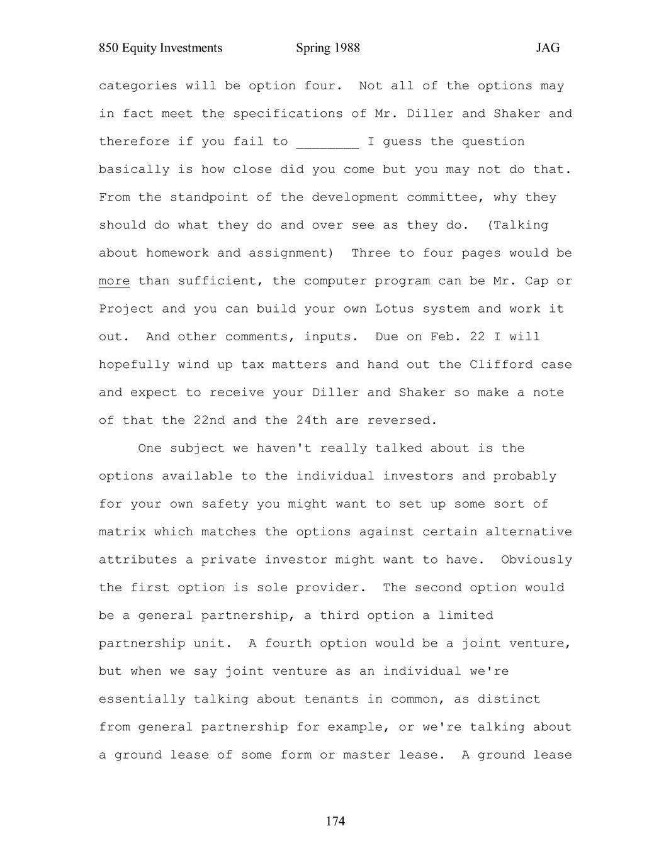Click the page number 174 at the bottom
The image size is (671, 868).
tap(335, 821)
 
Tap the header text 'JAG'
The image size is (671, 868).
tap(548, 48)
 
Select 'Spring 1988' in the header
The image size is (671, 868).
tap(328, 48)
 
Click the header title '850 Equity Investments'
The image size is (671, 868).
tap(161, 48)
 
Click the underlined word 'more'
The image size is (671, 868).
tap(114, 281)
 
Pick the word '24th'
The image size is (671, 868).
tap(312, 420)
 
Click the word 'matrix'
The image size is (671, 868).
tap(122, 532)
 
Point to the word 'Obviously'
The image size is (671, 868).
tap(536, 560)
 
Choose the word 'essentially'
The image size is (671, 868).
tap(142, 699)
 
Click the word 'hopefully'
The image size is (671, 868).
tap(134, 365)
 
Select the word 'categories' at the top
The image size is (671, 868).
tap(138, 86)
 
